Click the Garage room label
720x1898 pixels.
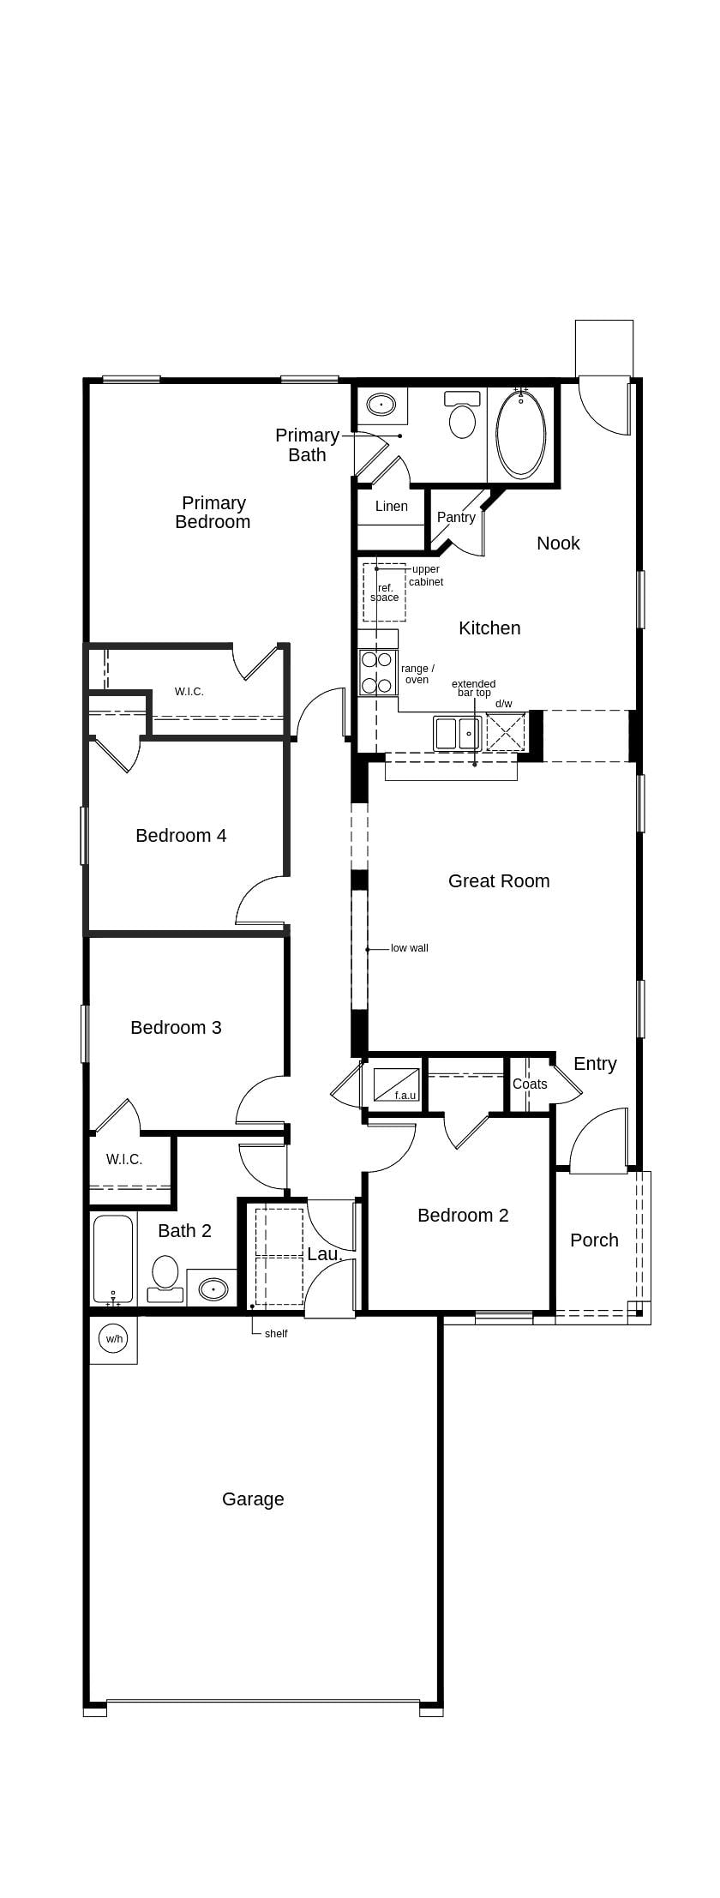[x=253, y=1499]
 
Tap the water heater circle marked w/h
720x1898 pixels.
[x=113, y=1338]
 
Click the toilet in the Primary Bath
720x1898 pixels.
[x=462, y=417]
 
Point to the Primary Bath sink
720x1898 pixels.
[x=381, y=404]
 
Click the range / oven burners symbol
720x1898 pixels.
[x=377, y=672]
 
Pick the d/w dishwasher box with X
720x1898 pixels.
[x=505, y=731]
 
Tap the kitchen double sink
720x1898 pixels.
[x=457, y=734]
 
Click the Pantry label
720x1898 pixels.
[x=456, y=518]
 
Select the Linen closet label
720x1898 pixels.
[x=392, y=507]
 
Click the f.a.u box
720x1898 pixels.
[x=397, y=1085]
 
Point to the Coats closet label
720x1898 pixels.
[x=530, y=1084]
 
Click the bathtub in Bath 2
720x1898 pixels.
[x=113, y=1258]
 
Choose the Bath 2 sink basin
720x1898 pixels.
[x=213, y=1288]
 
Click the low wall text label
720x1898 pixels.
[x=409, y=948]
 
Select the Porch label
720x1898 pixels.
[x=594, y=1240]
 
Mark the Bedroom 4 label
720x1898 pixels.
[x=181, y=836]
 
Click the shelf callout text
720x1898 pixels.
[x=276, y=1334]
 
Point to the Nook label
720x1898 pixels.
[x=558, y=544]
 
